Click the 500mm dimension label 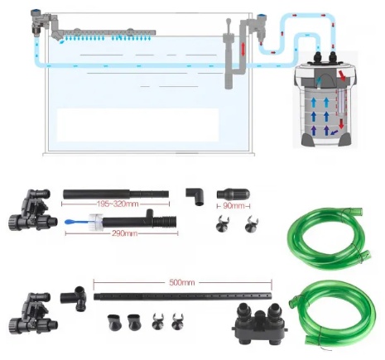[182, 282]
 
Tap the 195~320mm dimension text [118, 204]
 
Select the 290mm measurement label [124, 233]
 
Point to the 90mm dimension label [233, 206]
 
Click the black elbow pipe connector [195, 196]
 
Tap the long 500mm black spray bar [182, 296]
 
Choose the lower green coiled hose [332, 312]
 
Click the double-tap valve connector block [259, 324]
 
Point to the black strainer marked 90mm [233, 194]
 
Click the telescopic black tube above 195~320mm [116, 194]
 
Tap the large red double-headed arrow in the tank [243, 50]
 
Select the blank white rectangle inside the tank [137, 125]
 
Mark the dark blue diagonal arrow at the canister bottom [334, 132]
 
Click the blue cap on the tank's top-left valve [36, 12]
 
